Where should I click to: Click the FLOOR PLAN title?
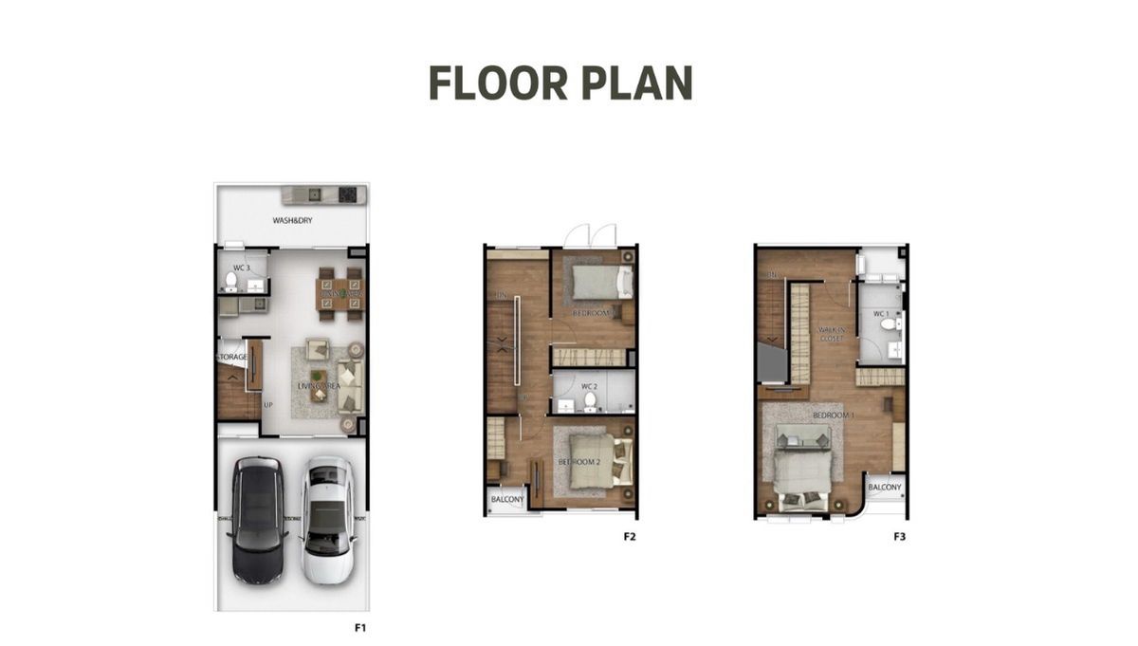click(560, 83)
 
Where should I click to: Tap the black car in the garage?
click(257, 520)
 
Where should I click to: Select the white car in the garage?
click(328, 520)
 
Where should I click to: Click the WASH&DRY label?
click(292, 221)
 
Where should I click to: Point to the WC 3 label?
click(241, 268)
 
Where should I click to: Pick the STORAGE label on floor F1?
click(232, 357)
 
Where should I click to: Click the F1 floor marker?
click(360, 628)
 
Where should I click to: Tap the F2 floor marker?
click(629, 537)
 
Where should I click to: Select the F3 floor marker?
click(900, 537)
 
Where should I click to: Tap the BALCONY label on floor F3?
click(886, 487)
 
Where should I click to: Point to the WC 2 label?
click(589, 387)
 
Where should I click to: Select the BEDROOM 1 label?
click(834, 415)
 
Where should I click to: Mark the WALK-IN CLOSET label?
click(832, 333)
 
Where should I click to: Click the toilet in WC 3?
click(230, 282)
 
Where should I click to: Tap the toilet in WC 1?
click(889, 324)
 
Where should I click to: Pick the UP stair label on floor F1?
click(268, 405)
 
